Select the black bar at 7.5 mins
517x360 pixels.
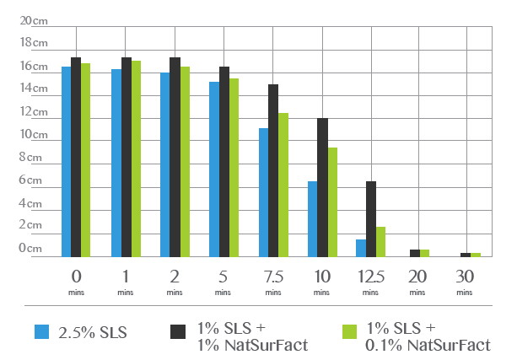coord(273,170)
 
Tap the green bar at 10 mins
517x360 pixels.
coord(332,202)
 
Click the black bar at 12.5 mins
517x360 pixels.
coord(371,219)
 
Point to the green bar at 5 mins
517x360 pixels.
coord(234,168)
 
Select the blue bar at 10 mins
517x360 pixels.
coord(312,219)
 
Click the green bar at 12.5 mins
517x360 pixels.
coord(381,242)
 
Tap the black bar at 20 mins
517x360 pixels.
coord(414,253)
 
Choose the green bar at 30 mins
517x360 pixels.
coord(476,255)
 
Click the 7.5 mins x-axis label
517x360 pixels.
coord(273,279)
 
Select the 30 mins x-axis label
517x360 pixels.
coord(465,279)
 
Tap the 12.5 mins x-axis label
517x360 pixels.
coord(369,279)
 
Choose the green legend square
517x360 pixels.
coord(346,331)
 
